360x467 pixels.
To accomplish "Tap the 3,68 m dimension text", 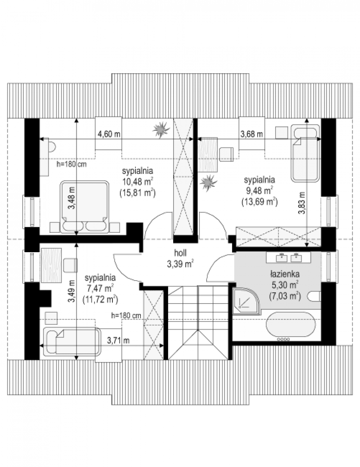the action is (251, 134).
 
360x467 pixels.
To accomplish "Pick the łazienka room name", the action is (285, 274).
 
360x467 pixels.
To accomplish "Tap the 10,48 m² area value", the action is (138, 182).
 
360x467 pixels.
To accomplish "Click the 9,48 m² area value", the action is (260, 190).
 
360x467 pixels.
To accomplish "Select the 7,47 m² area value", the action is (100, 288).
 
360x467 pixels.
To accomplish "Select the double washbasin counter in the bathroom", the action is (288, 257).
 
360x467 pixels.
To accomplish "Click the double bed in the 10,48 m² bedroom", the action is (84, 207).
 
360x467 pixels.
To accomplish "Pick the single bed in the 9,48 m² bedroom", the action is (305, 153).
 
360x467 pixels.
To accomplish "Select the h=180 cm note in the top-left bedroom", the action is (71, 164).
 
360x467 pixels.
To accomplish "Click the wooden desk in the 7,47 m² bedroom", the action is (52, 265).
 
